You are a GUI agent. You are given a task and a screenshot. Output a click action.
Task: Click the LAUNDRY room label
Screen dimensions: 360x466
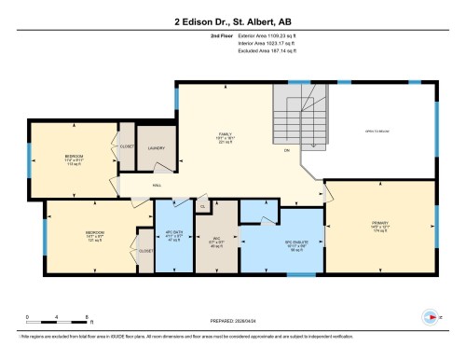[x=157, y=148]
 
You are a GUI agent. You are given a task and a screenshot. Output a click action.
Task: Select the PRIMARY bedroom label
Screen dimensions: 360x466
[x=377, y=225]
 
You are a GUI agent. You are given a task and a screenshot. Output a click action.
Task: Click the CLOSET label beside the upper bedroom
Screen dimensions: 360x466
[x=127, y=148]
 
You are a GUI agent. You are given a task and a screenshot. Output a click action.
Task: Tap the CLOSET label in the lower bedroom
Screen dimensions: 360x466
[x=146, y=251]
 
